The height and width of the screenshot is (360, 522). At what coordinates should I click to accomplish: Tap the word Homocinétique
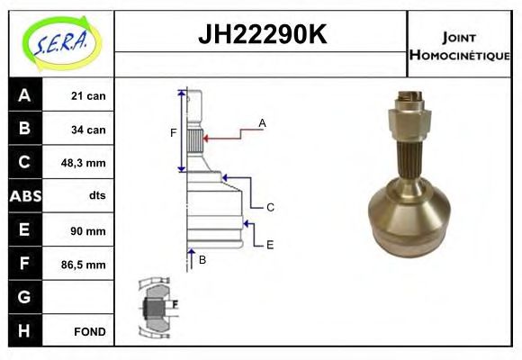pos(459,55)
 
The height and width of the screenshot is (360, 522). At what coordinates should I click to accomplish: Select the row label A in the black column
pos(24,95)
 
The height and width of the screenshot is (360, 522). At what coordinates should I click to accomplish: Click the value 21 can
pos(88,95)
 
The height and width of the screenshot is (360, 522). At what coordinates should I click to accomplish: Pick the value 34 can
pos(88,130)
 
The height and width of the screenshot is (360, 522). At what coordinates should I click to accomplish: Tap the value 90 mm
pos(88,231)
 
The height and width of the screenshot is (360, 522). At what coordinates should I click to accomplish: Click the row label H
pos(24,332)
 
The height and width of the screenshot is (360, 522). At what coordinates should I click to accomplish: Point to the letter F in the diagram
pos(174,133)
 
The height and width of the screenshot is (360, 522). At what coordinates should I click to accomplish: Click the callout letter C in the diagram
pos(269,207)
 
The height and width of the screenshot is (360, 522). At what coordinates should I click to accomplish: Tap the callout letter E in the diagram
pos(269,244)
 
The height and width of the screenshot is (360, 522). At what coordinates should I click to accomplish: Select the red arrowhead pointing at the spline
pos(207,139)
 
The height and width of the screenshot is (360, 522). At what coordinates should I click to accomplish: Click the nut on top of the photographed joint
pos(410,115)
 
